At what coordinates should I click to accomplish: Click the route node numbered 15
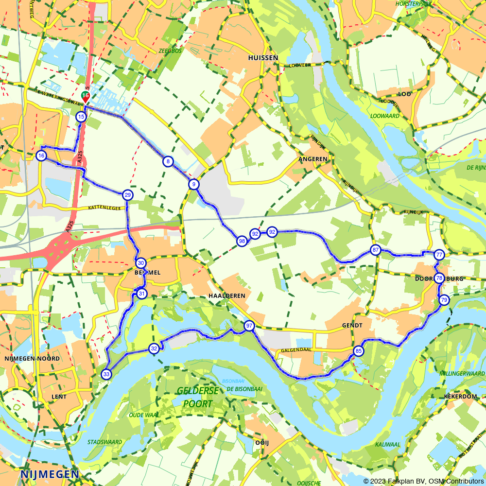[81, 117]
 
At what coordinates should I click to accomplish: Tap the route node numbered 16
[41, 156]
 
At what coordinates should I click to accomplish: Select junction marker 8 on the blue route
[167, 161]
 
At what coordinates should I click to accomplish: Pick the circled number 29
[127, 195]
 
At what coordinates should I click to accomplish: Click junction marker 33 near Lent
[106, 374]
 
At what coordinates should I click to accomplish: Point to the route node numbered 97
[249, 326]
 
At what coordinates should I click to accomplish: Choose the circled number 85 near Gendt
[358, 351]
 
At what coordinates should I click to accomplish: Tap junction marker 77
[439, 255]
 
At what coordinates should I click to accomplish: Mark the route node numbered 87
[375, 250]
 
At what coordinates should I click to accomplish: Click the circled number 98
[242, 241]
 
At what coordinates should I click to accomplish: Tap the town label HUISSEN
[263, 58]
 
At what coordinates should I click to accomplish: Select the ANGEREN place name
[313, 159]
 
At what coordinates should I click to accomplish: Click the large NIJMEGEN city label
[50, 474]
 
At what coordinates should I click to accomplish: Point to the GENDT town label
[352, 325]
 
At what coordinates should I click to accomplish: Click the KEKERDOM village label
[460, 397]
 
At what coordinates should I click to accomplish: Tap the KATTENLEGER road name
[104, 208]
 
